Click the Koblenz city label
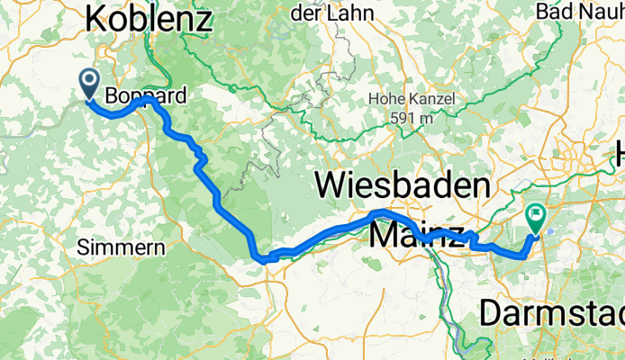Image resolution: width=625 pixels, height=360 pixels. point(149,19)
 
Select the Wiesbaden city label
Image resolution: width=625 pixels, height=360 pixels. point(403,186)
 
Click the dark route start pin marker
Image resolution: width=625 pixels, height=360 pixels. point(90,82)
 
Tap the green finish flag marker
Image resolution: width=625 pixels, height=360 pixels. point(536,217)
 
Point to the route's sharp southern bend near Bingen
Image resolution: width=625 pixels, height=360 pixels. point(262,259)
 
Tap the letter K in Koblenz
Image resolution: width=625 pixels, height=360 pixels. point(97,19)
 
